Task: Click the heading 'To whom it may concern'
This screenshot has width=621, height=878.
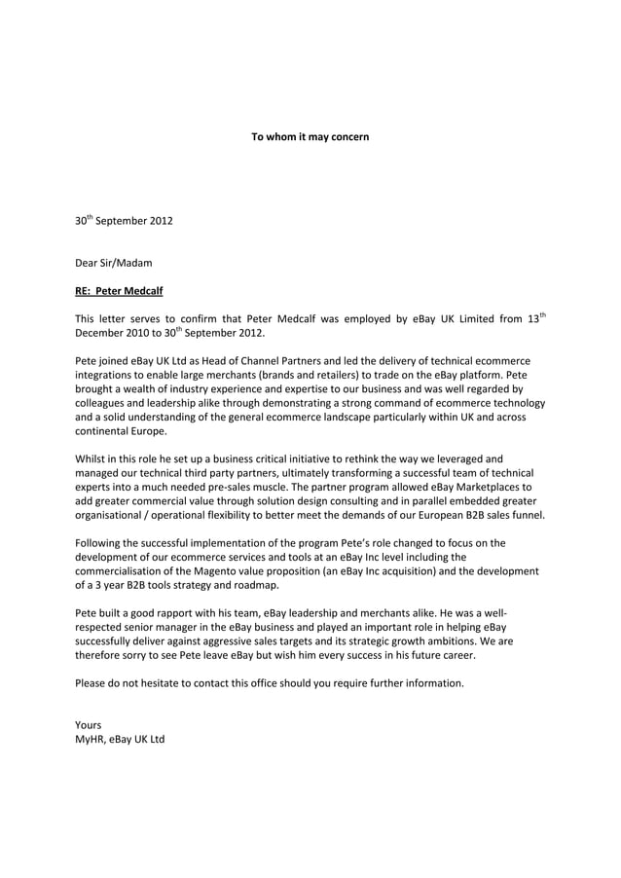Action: click(310, 137)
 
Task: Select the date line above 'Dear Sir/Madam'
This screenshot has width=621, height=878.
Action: click(124, 221)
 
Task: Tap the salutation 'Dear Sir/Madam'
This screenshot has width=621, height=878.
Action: click(114, 262)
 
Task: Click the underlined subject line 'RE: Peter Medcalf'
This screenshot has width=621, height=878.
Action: click(119, 289)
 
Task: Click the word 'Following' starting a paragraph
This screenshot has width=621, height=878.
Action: click(100, 543)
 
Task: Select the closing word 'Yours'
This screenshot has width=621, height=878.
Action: click(89, 725)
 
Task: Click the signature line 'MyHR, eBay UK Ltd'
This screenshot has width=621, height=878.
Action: click(120, 740)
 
